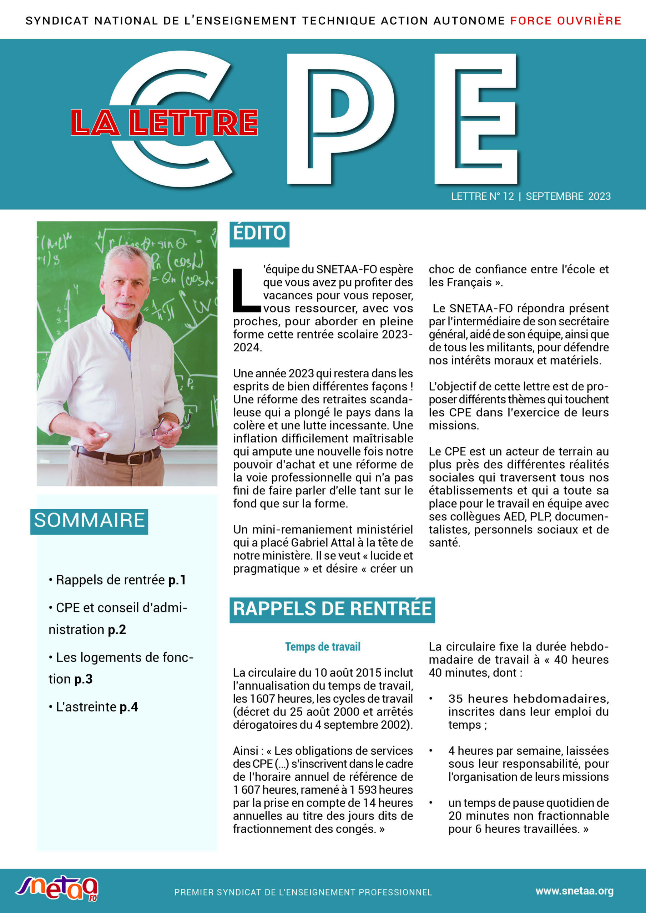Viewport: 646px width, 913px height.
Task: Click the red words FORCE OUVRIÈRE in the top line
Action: click(566, 21)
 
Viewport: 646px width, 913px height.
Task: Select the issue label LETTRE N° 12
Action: click(482, 196)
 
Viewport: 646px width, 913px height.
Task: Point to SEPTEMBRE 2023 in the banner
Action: click(568, 196)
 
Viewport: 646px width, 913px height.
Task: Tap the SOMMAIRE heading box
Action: click(89, 521)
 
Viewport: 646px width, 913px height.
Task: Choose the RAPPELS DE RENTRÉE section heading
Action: click(332, 609)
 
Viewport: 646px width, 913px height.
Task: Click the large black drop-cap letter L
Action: click(245, 290)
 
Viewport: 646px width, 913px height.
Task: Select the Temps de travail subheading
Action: click(322, 647)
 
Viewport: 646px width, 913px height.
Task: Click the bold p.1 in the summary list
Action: click(177, 580)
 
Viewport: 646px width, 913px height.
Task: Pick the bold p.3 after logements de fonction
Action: click(83, 679)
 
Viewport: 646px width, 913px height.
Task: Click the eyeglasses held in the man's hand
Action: click(167, 428)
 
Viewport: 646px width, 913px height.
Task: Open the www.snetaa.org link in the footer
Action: click(574, 891)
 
